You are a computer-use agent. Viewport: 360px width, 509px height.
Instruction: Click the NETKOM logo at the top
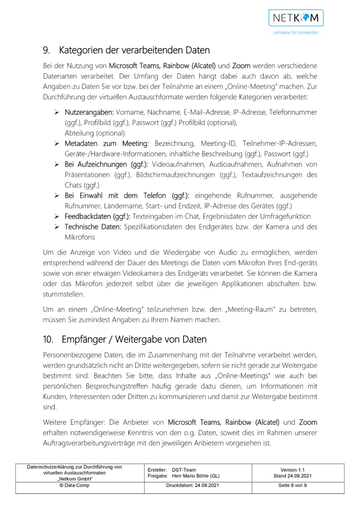click(296, 18)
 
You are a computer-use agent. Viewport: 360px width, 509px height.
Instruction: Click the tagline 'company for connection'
click(296, 32)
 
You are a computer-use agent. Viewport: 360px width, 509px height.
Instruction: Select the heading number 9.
click(46, 49)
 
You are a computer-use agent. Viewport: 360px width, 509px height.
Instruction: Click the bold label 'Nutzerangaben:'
click(89, 112)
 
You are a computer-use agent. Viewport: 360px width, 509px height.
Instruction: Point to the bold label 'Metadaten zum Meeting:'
click(107, 143)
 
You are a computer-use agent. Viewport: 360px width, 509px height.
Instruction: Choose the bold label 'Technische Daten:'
click(93, 227)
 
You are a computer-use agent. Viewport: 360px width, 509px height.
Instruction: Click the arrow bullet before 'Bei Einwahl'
click(57, 196)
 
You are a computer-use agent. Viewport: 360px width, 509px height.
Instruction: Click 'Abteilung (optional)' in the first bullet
click(94, 133)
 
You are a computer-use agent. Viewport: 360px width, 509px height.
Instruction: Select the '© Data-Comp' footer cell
click(75, 486)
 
